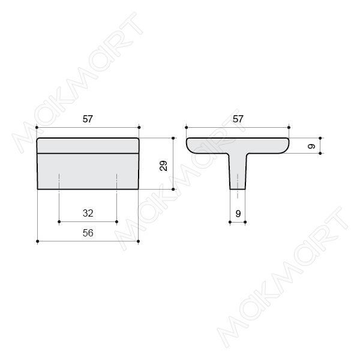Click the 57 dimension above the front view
point(88,119)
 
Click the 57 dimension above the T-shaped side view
point(238,119)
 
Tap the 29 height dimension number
point(163,166)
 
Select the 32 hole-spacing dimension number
point(88,213)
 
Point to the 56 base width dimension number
point(88,233)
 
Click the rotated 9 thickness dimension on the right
point(311,146)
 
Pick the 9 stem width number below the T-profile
point(238,214)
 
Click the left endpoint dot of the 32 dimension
point(59,222)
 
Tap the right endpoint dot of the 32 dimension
point(116,222)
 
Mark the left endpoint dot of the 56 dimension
point(38,241)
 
